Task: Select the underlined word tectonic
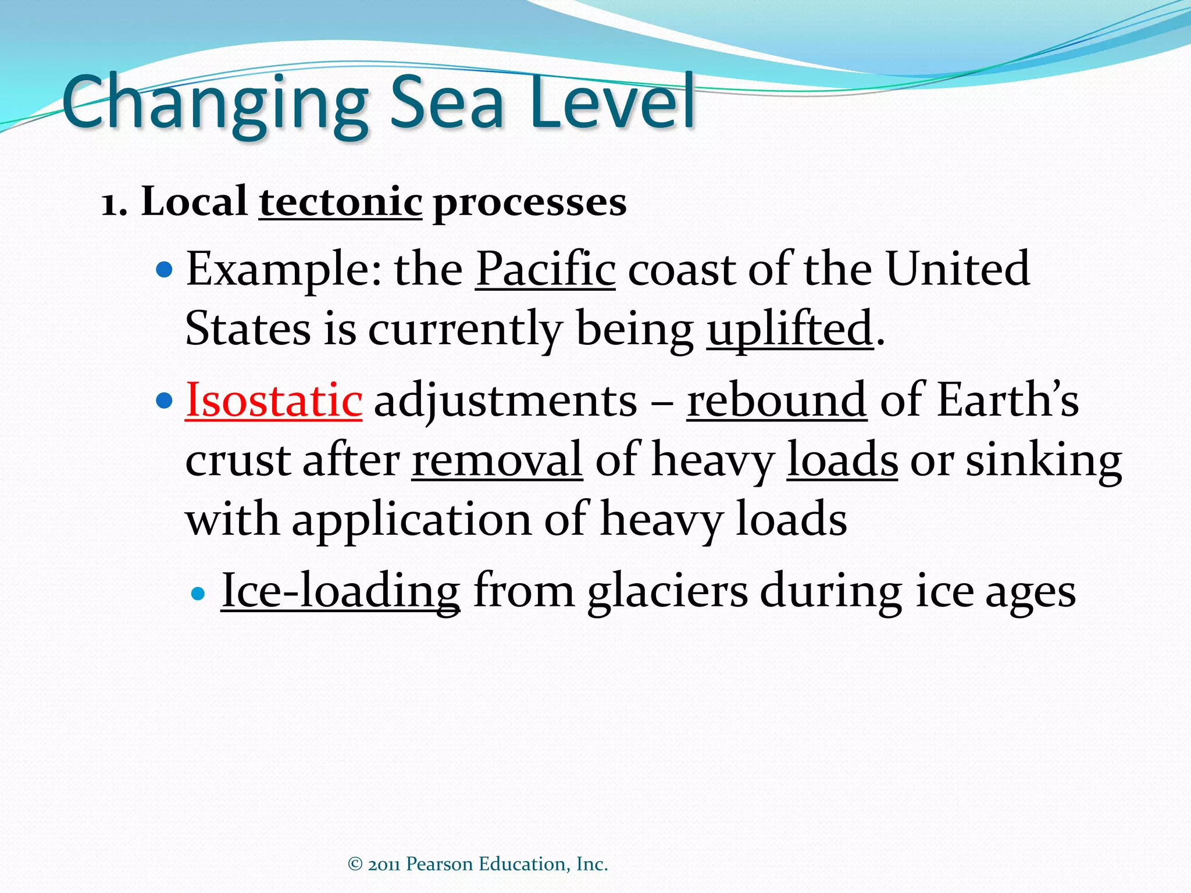(340, 202)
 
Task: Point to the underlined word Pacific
(545, 269)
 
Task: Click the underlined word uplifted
(790, 329)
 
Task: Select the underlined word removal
(497, 460)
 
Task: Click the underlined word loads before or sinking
(842, 460)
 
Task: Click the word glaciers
(667, 591)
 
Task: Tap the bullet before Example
(165, 270)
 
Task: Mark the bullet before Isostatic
(165, 401)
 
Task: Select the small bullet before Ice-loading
(198, 594)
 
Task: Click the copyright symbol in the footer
(355, 864)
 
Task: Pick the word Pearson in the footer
(439, 864)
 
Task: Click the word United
(957, 269)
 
